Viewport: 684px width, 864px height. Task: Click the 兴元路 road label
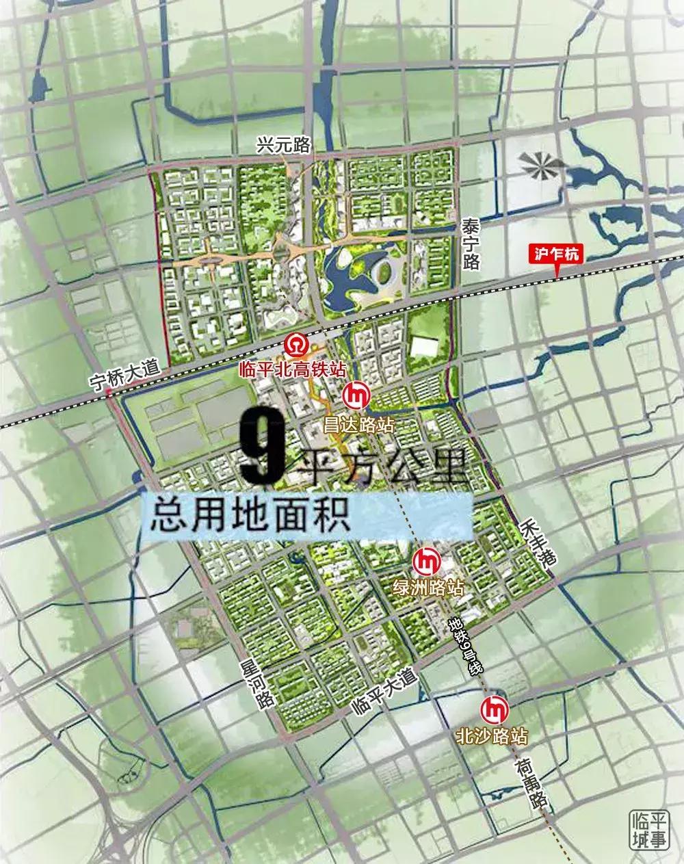pos(283,145)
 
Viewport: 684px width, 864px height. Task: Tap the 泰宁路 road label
pos(471,244)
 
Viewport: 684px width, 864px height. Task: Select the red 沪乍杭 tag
pos(556,254)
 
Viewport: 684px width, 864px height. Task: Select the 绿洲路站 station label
pos(428,588)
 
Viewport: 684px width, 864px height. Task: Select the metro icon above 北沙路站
pos(495,711)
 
